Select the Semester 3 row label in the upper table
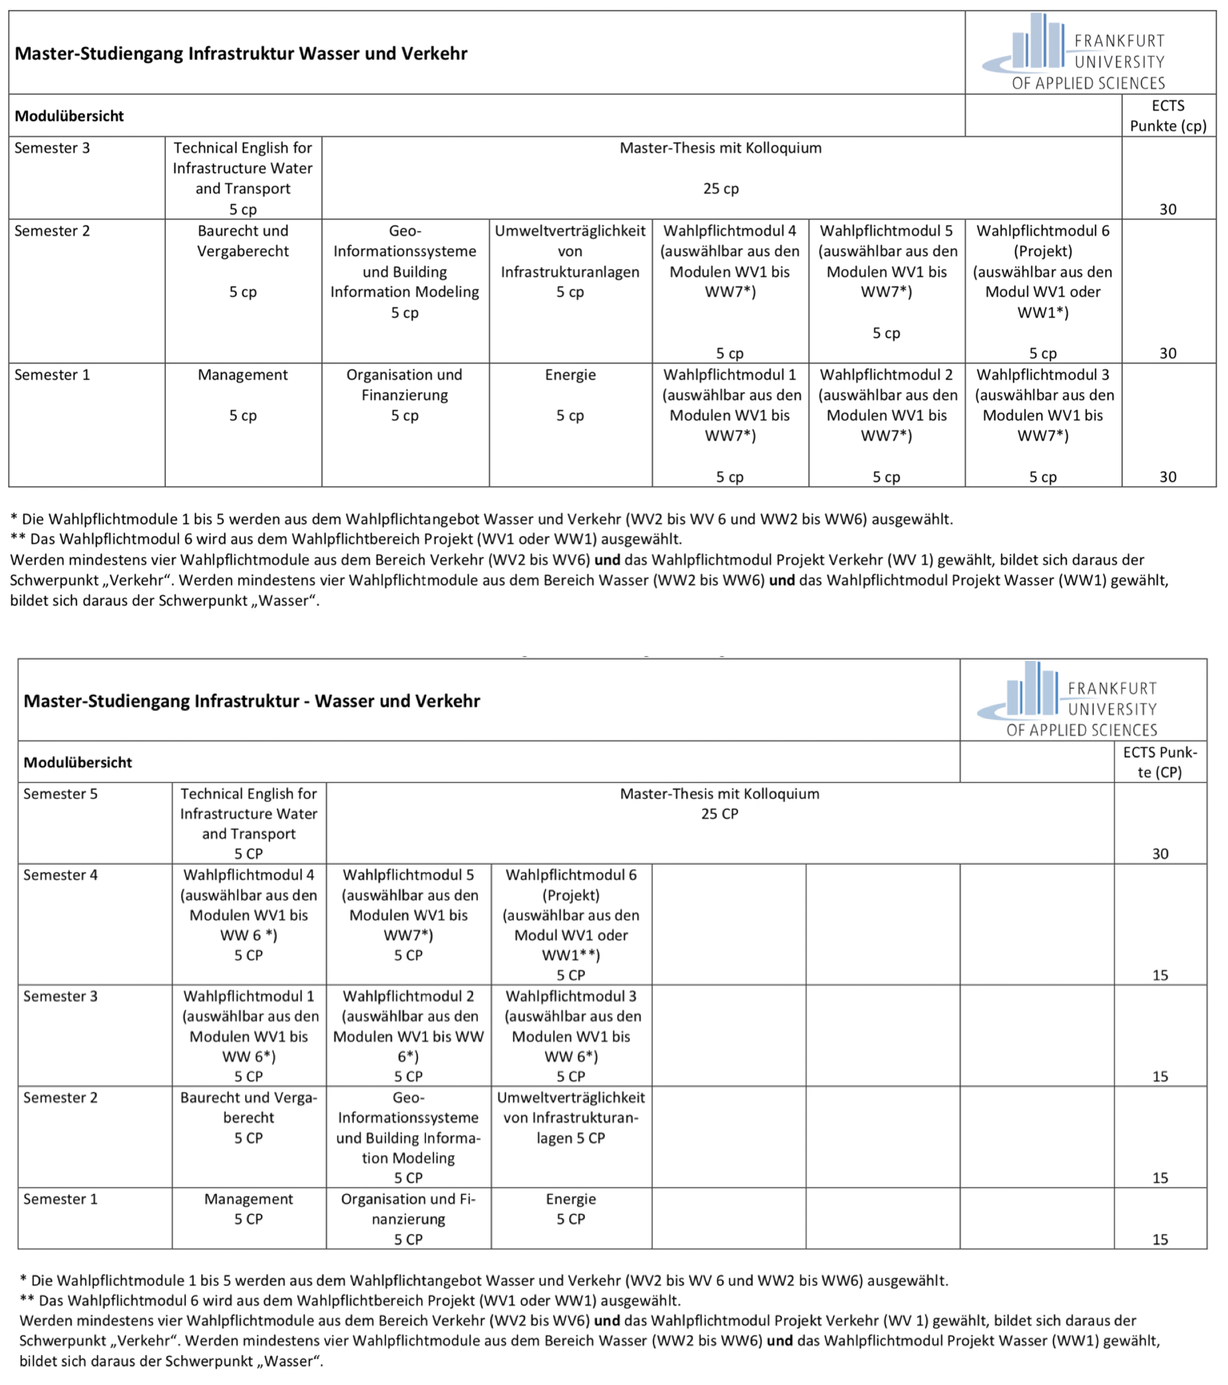pos(52,148)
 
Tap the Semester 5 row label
pos(61,794)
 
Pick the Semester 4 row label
pos(61,875)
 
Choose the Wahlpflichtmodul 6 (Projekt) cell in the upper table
pos(1042,292)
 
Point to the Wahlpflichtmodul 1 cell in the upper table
pos(730,425)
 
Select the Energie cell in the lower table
pos(570,1209)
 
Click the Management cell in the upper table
pos(243,395)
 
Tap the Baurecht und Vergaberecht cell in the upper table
pos(243,261)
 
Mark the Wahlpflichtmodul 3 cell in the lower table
pos(570,1036)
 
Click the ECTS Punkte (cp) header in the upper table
pos(1167,116)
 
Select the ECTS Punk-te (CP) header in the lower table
pos(1159,762)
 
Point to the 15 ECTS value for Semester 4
pos(1159,975)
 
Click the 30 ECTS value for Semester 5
pos(1159,854)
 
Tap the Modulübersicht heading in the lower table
pos(78,763)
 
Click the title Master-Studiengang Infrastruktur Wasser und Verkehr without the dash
pos(241,53)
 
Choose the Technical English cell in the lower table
pos(249,823)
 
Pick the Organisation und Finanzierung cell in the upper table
pos(405,395)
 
